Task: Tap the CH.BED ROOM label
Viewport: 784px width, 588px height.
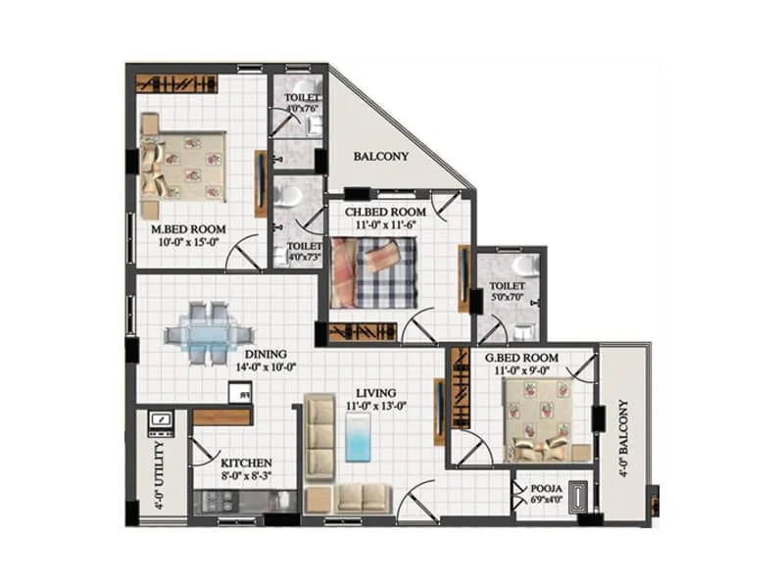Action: [384, 212]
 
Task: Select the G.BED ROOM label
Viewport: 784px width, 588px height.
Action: [521, 359]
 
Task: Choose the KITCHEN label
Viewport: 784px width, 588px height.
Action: [246, 463]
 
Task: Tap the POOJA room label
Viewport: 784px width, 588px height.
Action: [546, 486]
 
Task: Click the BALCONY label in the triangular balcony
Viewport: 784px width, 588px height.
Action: [381, 156]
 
